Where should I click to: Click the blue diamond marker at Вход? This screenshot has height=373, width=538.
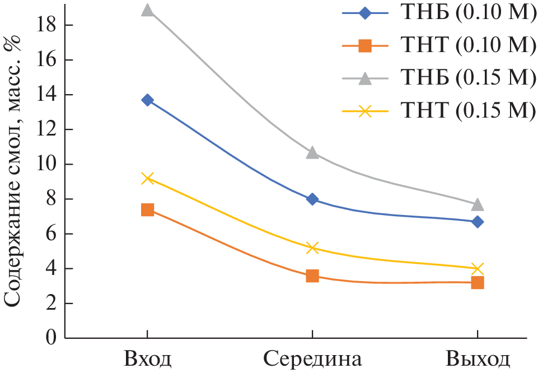click(x=147, y=100)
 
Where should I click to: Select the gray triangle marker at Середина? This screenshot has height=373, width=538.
click(x=312, y=153)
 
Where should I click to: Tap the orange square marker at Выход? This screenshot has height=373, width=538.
click(x=478, y=282)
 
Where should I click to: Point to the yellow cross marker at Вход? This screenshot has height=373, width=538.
click(x=147, y=179)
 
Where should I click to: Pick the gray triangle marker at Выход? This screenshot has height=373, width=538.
click(x=478, y=204)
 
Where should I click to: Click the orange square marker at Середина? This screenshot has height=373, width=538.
click(x=312, y=276)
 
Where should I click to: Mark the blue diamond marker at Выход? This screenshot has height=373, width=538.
click(x=478, y=222)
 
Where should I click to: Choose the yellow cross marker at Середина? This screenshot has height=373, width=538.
click(x=312, y=248)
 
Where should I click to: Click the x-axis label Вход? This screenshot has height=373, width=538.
click(x=147, y=358)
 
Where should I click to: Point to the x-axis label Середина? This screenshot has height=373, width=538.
click(x=312, y=358)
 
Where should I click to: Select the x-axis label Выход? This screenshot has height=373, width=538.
click(x=478, y=358)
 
